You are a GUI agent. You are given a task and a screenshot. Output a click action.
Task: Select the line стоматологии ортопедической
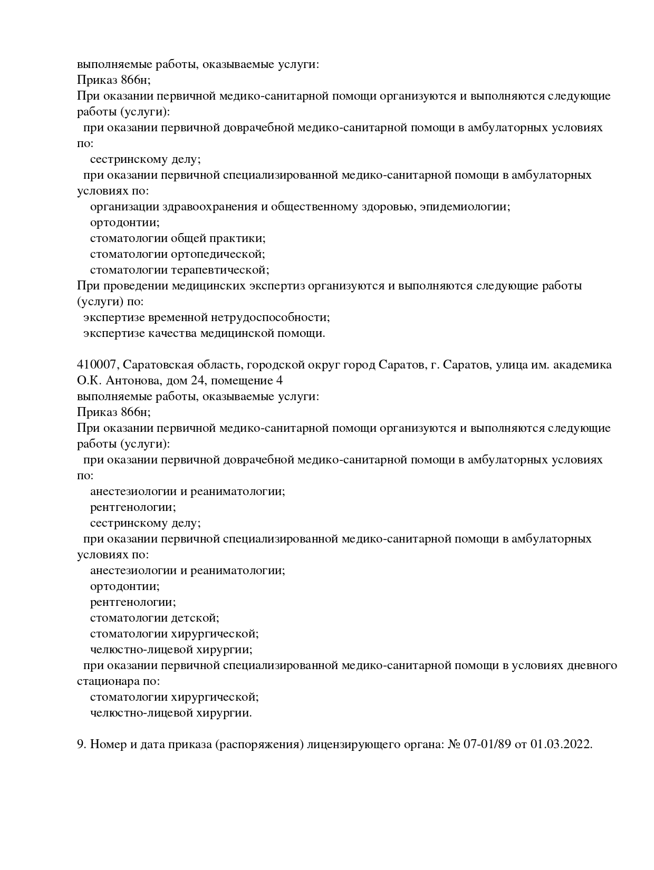pos(177,254)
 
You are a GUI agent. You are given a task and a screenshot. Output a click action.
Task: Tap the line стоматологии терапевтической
pos(179,270)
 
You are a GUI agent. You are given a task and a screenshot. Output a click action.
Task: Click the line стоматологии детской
pos(155,618)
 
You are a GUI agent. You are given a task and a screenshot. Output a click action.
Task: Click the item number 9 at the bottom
pos(80,745)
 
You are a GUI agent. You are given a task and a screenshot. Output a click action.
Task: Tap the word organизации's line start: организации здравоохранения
pos(124,207)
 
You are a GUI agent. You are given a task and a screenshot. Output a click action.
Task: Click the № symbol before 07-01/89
pos(454,745)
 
